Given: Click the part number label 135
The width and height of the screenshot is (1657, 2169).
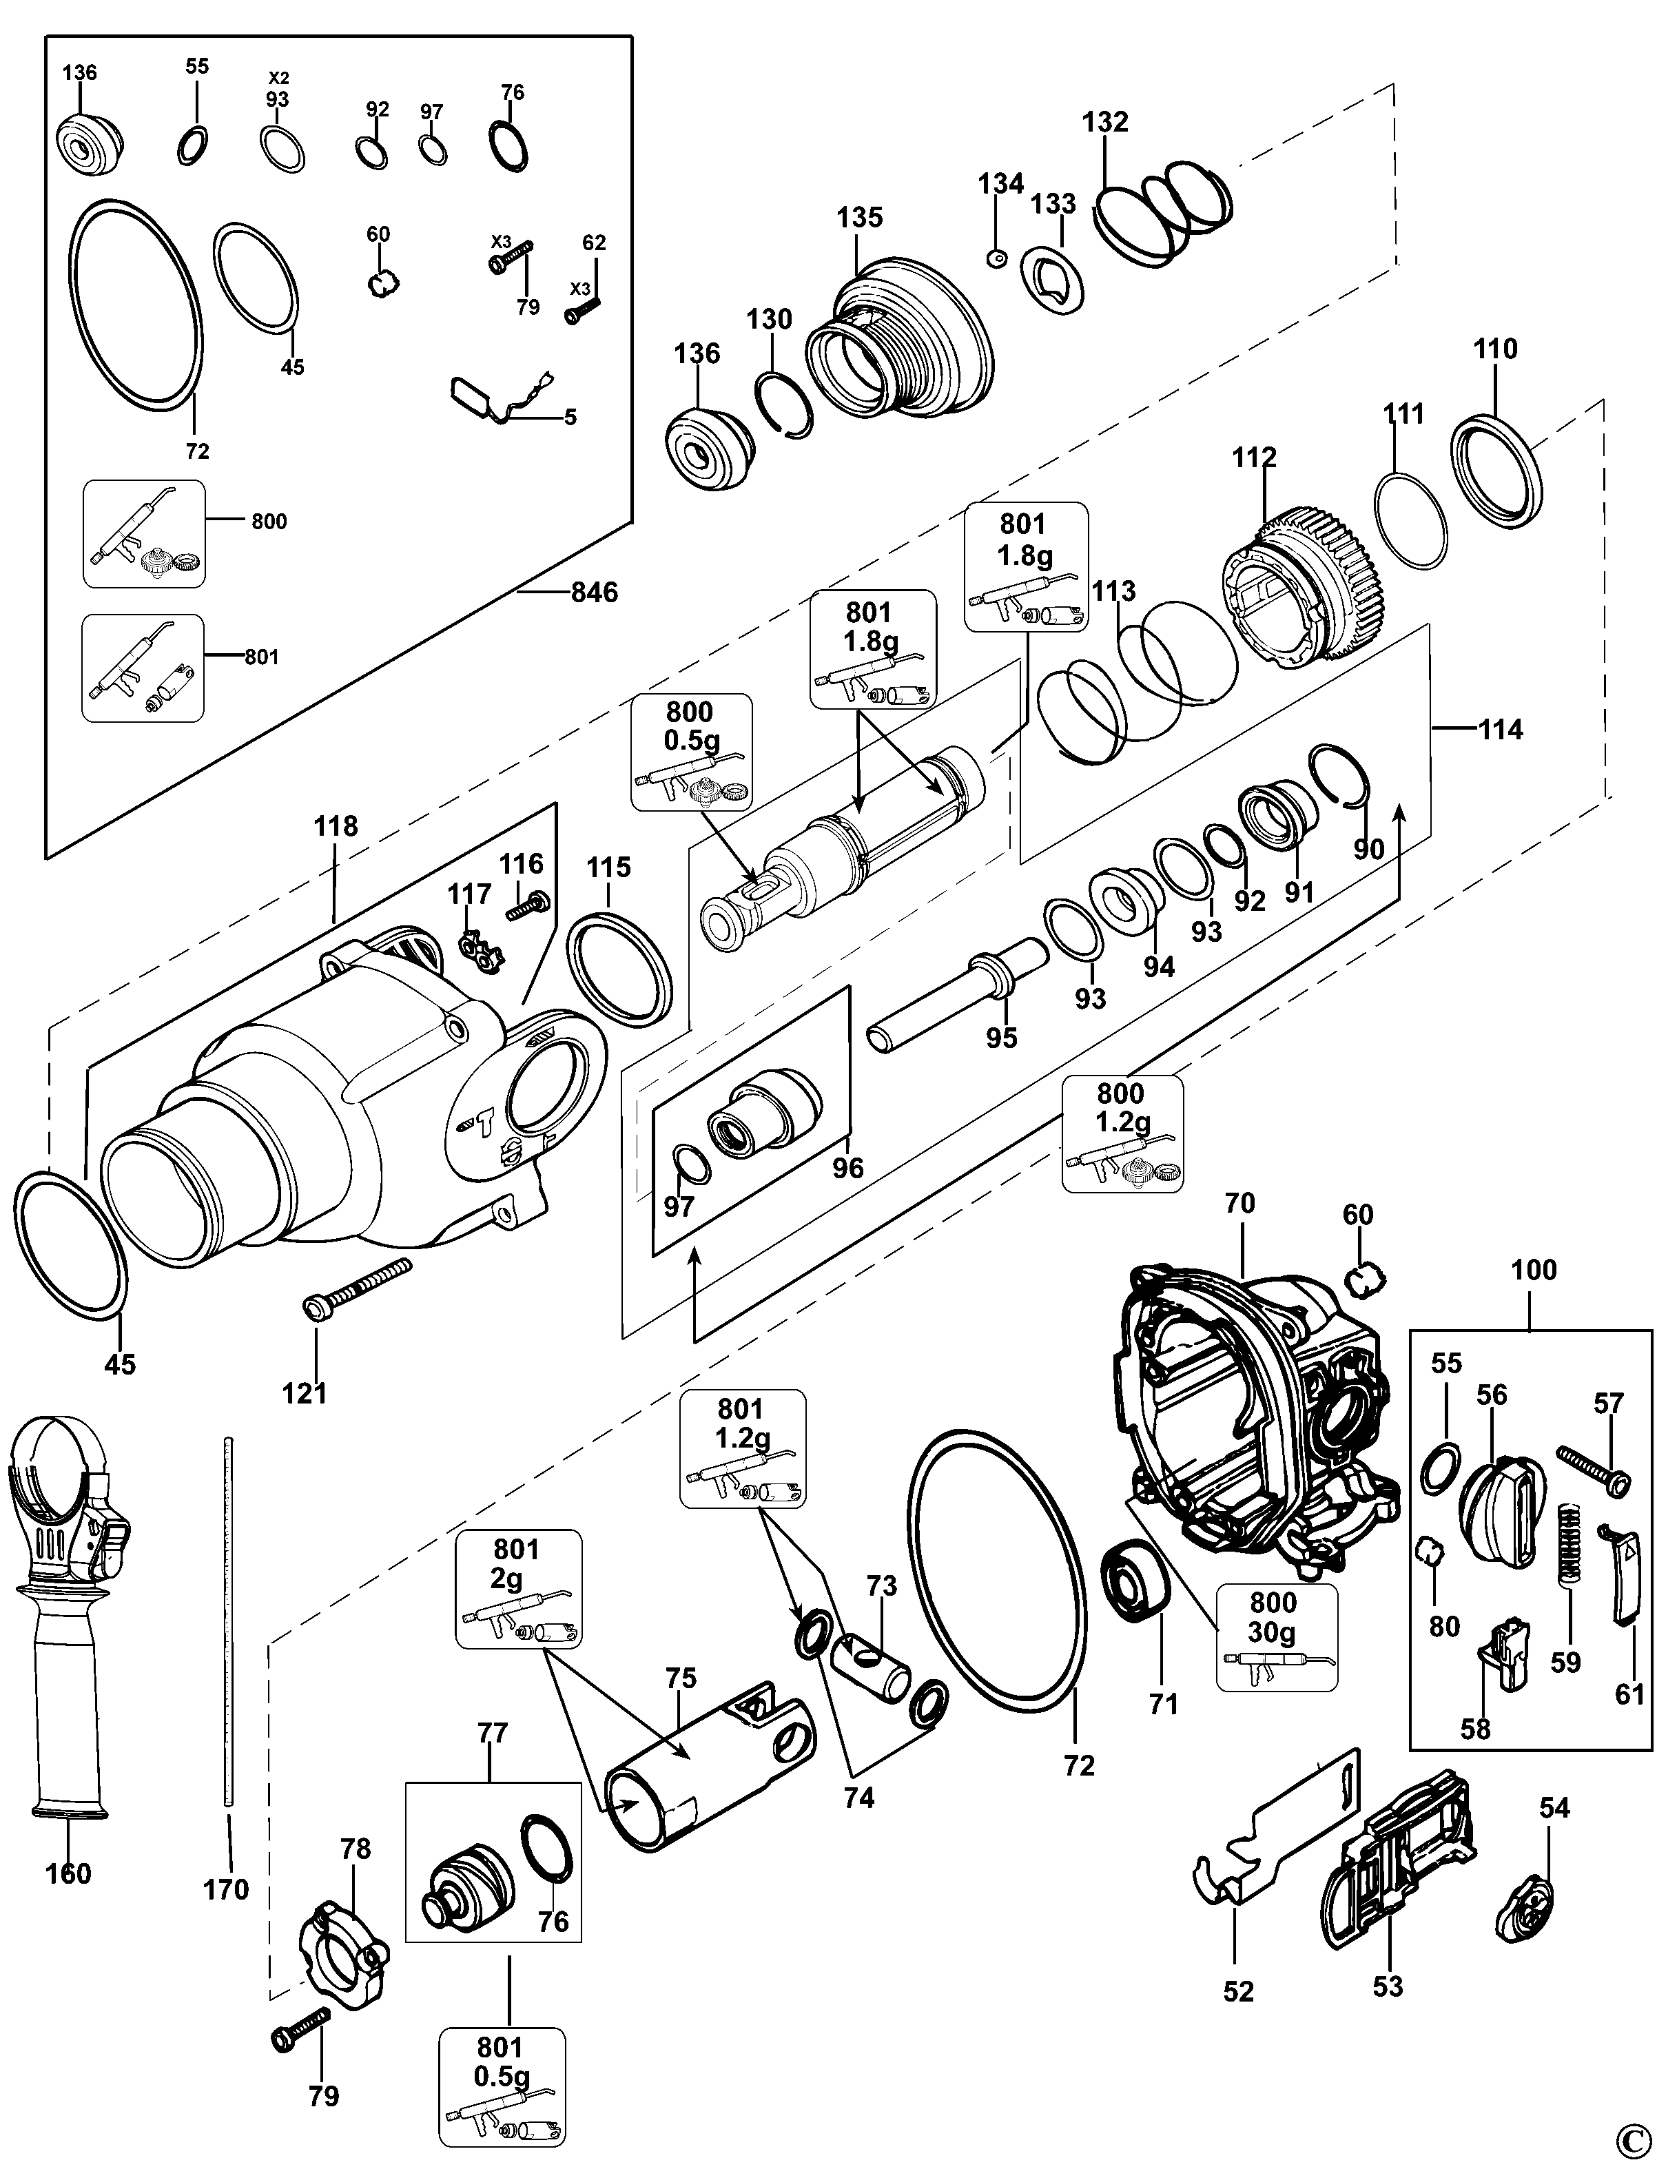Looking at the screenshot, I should tap(859, 217).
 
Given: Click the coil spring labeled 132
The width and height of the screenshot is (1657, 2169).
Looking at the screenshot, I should tap(1164, 212).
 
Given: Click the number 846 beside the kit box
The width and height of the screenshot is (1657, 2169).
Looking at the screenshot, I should tap(594, 592).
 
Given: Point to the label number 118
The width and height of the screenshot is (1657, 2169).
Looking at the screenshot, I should tap(336, 825).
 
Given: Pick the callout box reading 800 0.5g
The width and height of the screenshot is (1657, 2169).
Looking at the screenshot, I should tap(690, 752).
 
